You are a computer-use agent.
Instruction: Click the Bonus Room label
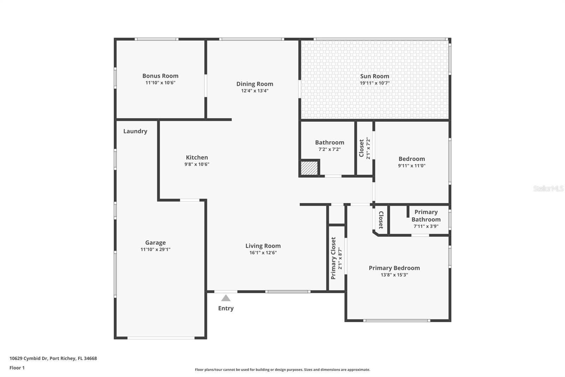(160, 76)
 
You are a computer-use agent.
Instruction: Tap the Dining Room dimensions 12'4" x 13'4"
(255, 91)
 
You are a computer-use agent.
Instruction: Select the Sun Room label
(374, 76)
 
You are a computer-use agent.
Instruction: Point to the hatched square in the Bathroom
(309, 168)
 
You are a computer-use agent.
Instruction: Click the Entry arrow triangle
(226, 298)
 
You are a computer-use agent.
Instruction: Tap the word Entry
(226, 308)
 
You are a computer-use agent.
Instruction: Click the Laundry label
(135, 131)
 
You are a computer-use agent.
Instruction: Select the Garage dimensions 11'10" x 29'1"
(155, 250)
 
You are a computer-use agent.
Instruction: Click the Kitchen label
(197, 157)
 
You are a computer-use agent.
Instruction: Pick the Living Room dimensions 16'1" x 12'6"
(263, 253)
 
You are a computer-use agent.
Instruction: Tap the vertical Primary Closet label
(333, 258)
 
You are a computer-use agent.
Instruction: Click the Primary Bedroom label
(394, 268)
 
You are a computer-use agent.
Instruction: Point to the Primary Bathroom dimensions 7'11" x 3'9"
(426, 226)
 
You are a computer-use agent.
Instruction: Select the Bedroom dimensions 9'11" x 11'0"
(412, 166)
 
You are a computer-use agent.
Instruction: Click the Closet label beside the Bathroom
(362, 148)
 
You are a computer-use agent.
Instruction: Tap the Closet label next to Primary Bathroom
(381, 220)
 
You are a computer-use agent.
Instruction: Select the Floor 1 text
(17, 368)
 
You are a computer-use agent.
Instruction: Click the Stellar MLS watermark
(548, 188)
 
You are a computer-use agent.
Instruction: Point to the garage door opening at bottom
(161, 338)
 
